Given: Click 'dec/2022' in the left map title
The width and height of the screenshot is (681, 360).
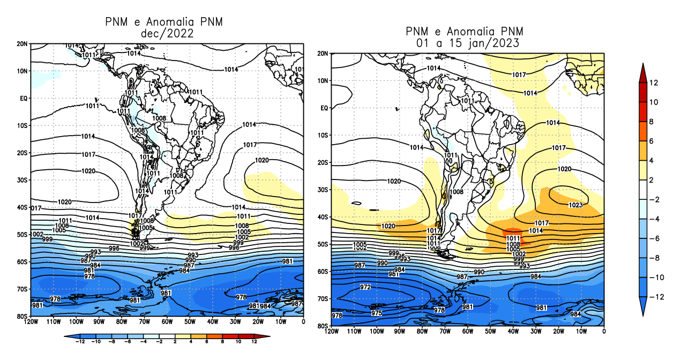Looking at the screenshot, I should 166,34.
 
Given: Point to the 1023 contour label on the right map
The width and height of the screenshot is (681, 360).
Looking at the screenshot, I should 575,205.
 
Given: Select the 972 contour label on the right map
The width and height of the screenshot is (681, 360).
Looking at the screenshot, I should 365,287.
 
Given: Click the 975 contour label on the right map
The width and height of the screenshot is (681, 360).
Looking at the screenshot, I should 377,313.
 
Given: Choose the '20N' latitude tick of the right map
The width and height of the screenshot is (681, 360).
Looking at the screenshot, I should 323,54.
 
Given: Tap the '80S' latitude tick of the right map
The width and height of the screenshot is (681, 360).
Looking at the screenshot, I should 323,326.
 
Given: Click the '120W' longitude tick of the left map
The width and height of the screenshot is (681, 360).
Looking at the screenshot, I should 31,322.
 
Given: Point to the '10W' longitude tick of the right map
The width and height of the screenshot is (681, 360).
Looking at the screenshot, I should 581,332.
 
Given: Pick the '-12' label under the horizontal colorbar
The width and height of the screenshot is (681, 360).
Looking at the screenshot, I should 80,342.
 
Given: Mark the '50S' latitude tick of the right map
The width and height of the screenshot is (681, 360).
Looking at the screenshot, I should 323,244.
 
